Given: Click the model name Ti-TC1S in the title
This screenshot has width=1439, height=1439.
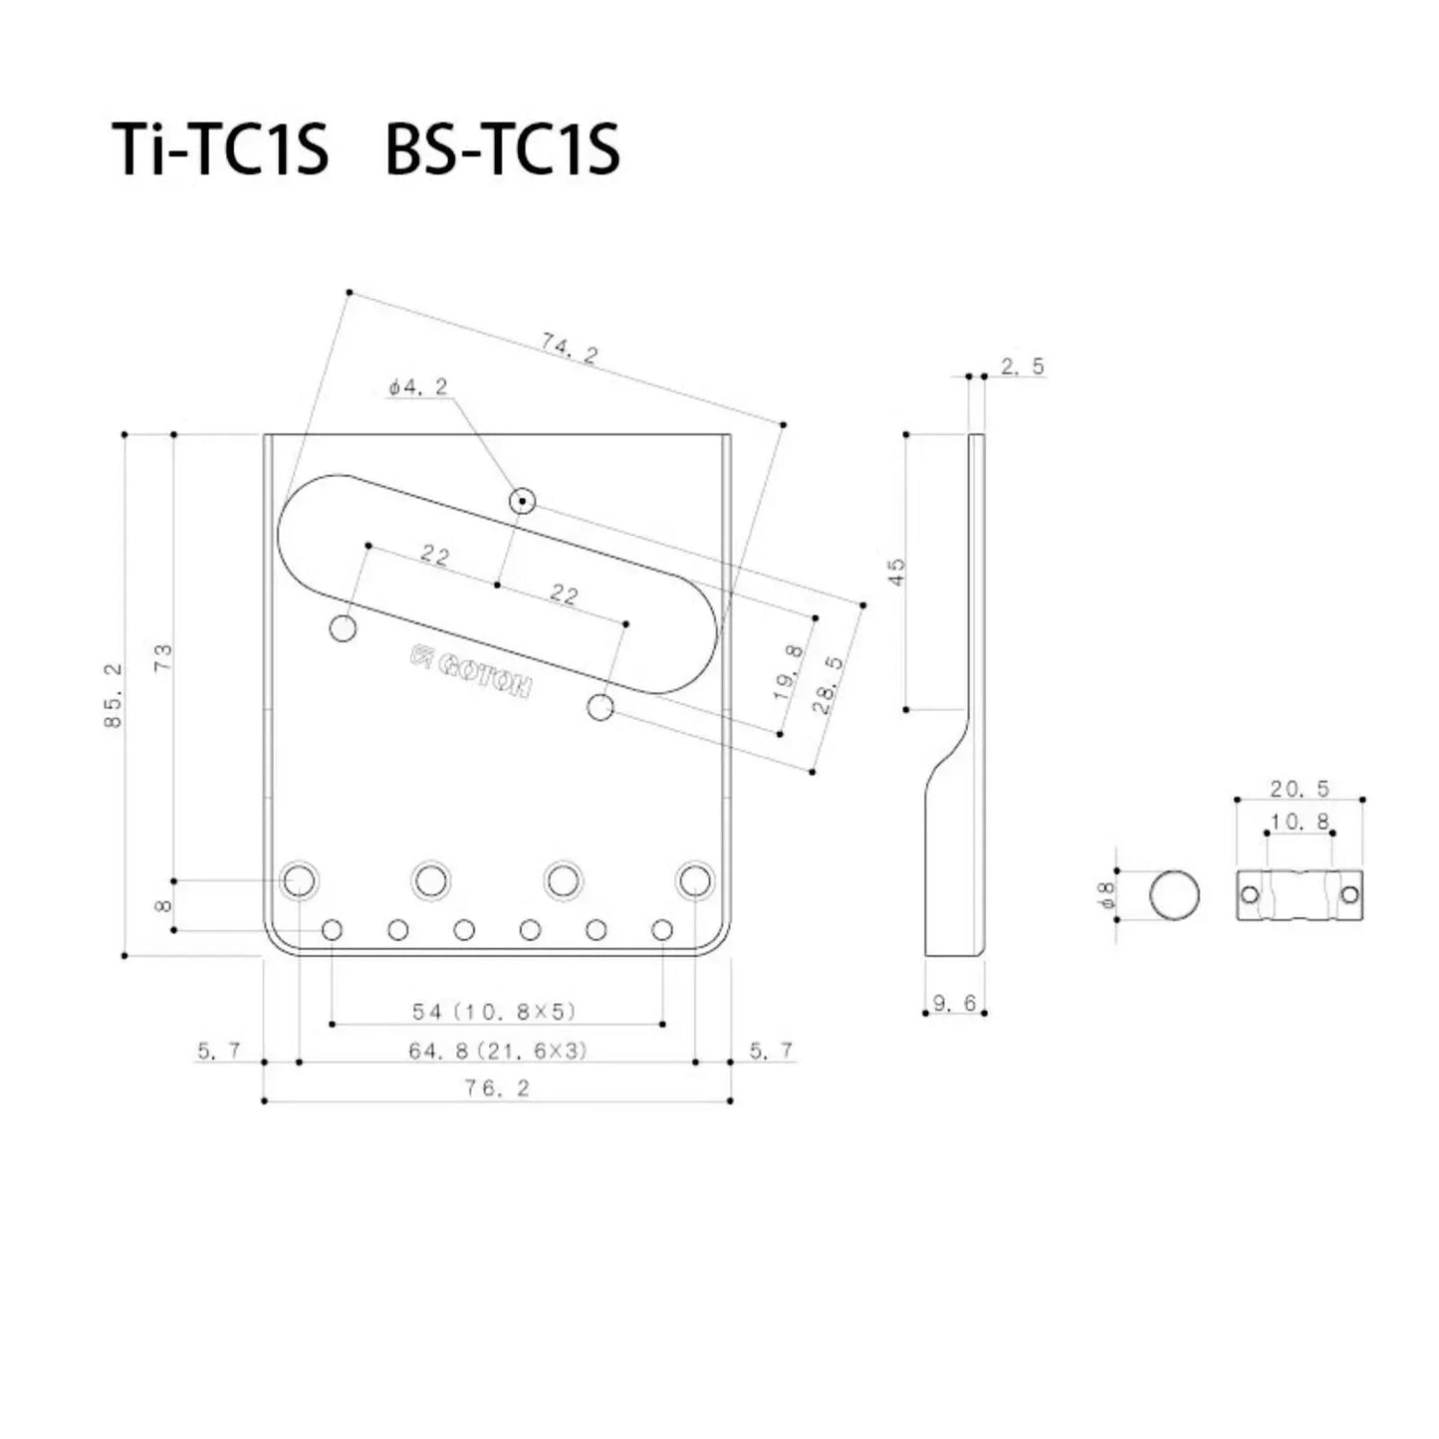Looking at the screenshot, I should [220, 151].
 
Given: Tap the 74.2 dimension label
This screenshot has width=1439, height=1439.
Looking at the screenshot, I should [570, 349].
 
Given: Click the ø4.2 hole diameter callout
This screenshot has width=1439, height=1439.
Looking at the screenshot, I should [418, 387].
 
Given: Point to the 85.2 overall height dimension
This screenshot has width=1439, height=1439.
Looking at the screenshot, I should [114, 695].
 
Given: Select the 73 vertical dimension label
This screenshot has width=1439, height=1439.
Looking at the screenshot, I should [163, 656].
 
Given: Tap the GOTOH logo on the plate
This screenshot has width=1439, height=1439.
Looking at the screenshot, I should [471, 672].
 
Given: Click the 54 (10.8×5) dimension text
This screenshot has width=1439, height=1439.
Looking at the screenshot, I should [495, 1012].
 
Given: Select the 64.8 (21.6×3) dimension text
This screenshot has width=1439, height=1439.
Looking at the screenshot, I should [498, 1051].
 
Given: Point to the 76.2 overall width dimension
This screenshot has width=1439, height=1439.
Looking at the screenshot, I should [497, 1088].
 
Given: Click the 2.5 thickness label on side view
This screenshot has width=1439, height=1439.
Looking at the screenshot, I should [1023, 366].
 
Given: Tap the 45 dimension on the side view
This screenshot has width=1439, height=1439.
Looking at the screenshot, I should [897, 572].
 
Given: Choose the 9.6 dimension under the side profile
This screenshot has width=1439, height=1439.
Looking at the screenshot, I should [955, 1004].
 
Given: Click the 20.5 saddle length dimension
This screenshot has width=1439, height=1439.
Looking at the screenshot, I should [1300, 789].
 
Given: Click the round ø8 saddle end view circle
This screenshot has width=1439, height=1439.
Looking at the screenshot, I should [1174, 894].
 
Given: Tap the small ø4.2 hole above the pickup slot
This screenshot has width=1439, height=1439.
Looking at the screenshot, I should [522, 501].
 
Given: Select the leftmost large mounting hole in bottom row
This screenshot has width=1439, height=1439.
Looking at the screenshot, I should [300, 880].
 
